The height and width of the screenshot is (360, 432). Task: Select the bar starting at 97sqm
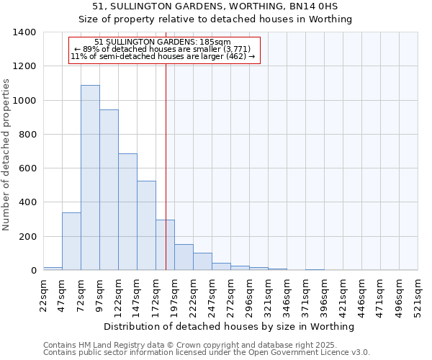[x=109, y=189]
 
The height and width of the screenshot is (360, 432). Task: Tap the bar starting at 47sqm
[x=71, y=241]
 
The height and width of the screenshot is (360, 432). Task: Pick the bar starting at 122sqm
[x=127, y=212]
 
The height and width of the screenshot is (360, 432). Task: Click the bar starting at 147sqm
[x=146, y=225]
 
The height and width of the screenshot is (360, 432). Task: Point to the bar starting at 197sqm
[x=184, y=257]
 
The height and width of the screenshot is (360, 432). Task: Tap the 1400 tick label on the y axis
[x=24, y=32]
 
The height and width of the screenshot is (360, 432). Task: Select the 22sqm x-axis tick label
[x=43, y=295]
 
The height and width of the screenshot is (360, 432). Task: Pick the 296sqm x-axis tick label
[x=249, y=295]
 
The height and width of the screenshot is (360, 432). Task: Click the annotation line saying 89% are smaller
[x=163, y=49]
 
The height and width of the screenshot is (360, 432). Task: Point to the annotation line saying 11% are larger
[x=163, y=56]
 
